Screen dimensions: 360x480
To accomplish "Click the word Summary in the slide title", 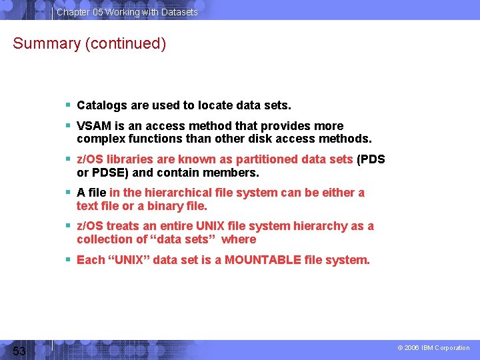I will coord(44,44).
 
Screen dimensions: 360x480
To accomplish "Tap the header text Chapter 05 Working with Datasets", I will coord(127,12).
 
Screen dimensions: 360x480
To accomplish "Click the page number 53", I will coord(19,351).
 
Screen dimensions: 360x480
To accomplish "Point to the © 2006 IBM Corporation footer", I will coord(433,348).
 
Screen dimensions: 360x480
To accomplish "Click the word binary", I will coord(167,206).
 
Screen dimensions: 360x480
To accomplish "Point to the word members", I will coord(234,173).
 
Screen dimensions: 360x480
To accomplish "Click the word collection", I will coord(104,239).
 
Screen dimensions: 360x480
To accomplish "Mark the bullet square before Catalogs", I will coord(69,105).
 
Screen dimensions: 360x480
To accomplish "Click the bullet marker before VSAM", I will coord(69,126).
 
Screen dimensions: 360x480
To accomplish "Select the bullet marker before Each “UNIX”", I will coord(69,260).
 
